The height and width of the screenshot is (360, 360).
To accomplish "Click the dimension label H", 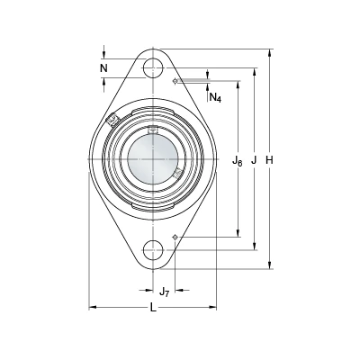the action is (270, 160).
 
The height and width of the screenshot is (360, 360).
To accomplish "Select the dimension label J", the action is (254, 160).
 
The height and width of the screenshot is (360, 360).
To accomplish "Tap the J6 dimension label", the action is (238, 161).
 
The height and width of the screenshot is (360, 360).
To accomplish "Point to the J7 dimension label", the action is (164, 292).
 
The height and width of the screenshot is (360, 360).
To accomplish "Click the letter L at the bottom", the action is (153, 307).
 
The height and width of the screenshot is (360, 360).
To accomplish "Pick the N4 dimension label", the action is (215, 97).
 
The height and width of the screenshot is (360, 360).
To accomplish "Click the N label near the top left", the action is (103, 68).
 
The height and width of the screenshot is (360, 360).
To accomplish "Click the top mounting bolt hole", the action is (153, 68).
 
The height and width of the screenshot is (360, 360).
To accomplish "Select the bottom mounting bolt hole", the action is (153, 250).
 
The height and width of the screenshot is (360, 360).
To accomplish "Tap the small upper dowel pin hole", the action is (175, 81).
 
